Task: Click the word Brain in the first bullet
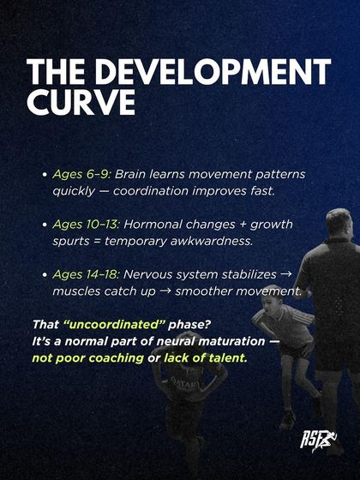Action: [141, 174]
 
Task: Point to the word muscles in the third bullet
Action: [75, 291]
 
